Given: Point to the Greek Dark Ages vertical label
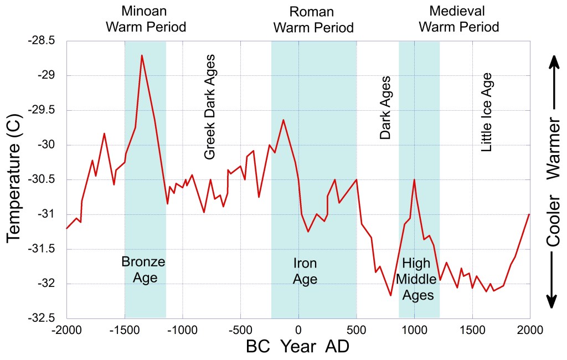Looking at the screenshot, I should [x=209, y=107].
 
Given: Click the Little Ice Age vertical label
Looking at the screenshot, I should [x=486, y=111].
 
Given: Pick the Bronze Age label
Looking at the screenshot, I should [x=143, y=269].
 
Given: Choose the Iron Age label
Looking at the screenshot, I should [x=305, y=270].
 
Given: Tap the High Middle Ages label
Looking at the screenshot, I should [x=418, y=279].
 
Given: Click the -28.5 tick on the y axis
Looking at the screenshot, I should [x=44, y=41].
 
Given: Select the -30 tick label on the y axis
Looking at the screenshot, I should [x=48, y=145].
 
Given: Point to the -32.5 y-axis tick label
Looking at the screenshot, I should [x=44, y=318].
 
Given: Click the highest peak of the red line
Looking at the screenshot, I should [x=142, y=55].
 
